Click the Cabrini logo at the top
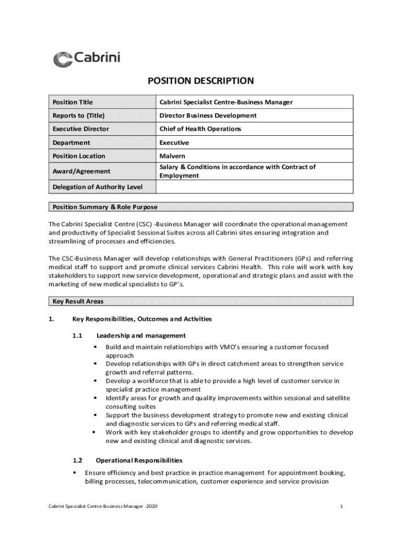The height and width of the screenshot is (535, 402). [x=87, y=59]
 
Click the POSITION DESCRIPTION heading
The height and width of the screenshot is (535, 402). [x=200, y=81]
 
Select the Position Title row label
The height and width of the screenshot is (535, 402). [x=73, y=102]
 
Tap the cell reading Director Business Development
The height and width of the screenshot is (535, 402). [x=208, y=115]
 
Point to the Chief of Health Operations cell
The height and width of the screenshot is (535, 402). [x=200, y=129]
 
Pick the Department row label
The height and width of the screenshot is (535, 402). [x=71, y=143]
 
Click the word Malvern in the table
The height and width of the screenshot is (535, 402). [x=172, y=156]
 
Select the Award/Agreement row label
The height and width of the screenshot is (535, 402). [x=81, y=171]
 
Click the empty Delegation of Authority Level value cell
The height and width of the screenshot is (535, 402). [x=254, y=187]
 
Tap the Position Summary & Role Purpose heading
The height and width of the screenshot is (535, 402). [x=105, y=207]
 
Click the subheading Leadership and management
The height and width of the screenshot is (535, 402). [x=141, y=335]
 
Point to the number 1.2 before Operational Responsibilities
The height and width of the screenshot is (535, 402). [x=78, y=460]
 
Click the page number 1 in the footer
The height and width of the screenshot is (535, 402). [x=341, y=506]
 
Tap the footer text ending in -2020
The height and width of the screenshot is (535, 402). [x=99, y=506]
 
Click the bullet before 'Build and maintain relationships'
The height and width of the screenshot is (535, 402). [x=96, y=347]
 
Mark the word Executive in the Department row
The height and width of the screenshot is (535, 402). [x=174, y=143]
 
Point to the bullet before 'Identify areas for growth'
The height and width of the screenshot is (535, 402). [x=96, y=398]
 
